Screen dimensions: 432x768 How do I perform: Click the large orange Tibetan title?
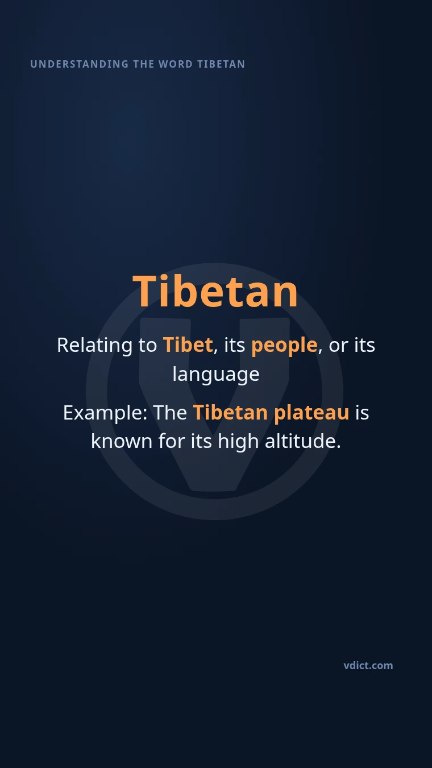[215, 292]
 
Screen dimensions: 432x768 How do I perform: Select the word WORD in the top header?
[176, 64]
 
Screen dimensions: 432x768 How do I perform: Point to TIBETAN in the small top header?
[221, 64]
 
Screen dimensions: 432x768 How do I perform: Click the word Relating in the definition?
[94, 346]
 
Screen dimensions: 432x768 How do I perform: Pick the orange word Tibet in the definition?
[188, 344]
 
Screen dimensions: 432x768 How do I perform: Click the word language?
[216, 375]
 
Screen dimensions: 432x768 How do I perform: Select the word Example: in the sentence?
[105, 413]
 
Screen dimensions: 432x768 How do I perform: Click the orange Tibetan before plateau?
[230, 412]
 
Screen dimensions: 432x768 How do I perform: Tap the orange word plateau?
[311, 413]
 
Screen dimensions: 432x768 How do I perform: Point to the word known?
[122, 441]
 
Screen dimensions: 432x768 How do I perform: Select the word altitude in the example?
[303, 441]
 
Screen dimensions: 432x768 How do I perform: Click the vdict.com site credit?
[368, 666]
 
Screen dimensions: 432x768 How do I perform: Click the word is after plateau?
[362, 413]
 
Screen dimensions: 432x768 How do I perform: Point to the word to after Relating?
[148, 346]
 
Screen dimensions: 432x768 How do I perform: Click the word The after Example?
[170, 413]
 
